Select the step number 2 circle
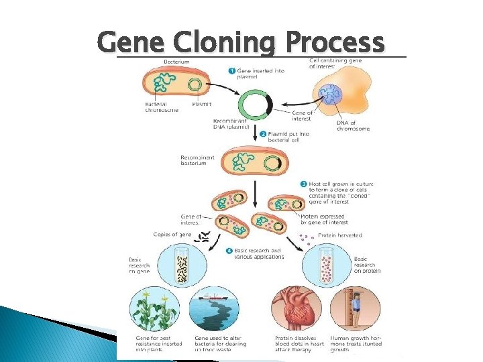pyautogui.click(x=264, y=134)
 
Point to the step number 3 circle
pyautogui.click(x=303, y=184)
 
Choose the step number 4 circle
pyautogui.click(x=229, y=251)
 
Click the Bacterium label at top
pyautogui.click(x=176, y=62)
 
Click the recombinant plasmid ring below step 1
pyautogui.click(x=255, y=105)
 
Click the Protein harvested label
pyautogui.click(x=339, y=235)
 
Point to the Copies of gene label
pyautogui.click(x=172, y=234)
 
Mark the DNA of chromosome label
pyautogui.click(x=352, y=125)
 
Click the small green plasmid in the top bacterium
pyautogui.click(x=195, y=84)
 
